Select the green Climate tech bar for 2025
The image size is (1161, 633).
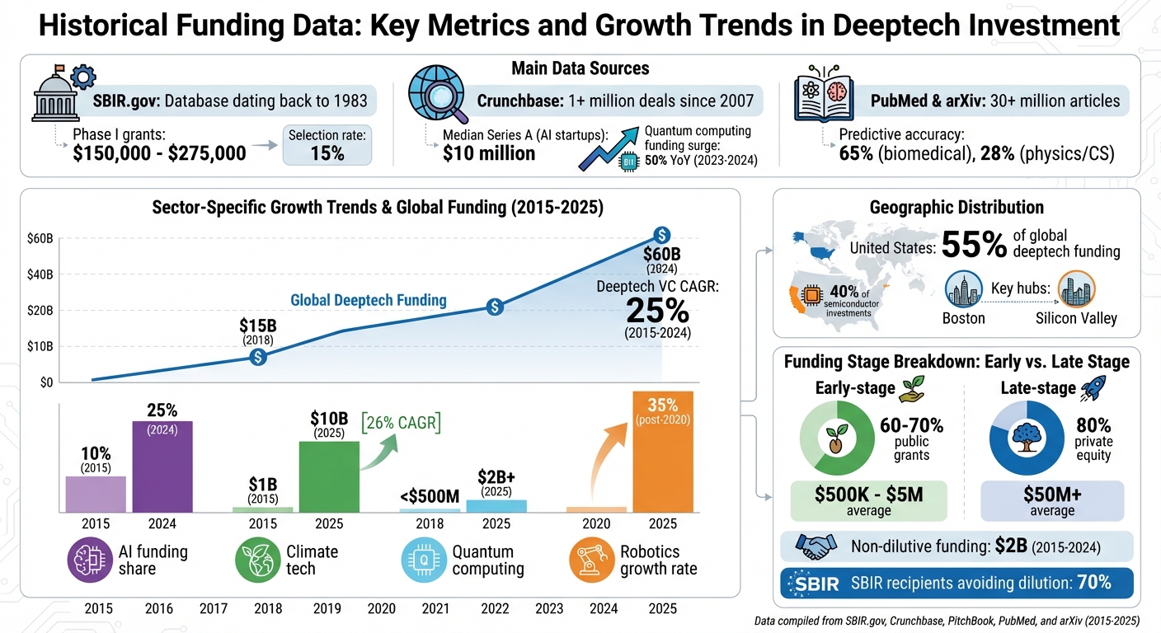pos(329,476)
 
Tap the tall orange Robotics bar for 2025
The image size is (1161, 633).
pos(662,452)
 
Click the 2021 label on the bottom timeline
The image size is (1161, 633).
pos(435,609)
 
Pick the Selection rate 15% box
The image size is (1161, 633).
pos(327,144)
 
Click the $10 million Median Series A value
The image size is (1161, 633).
pos(489,152)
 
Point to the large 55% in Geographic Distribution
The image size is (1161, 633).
pos(974,245)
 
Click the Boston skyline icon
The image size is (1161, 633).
pos(963,290)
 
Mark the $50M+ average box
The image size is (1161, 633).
pos(1052,501)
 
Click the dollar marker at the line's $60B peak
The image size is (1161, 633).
pos(660,235)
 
